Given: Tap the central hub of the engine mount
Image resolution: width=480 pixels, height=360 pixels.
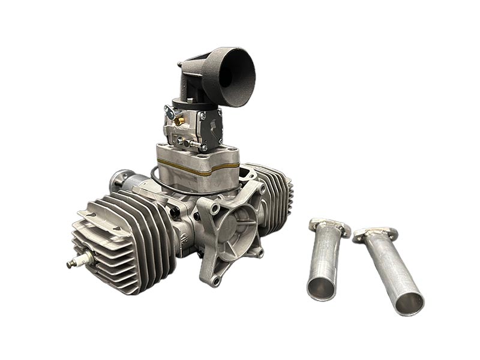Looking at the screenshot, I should [231, 231].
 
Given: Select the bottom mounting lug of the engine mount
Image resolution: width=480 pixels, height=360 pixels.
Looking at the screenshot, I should [215, 278].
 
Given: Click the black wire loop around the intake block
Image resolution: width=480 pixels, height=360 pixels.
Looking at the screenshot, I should [157, 180].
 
